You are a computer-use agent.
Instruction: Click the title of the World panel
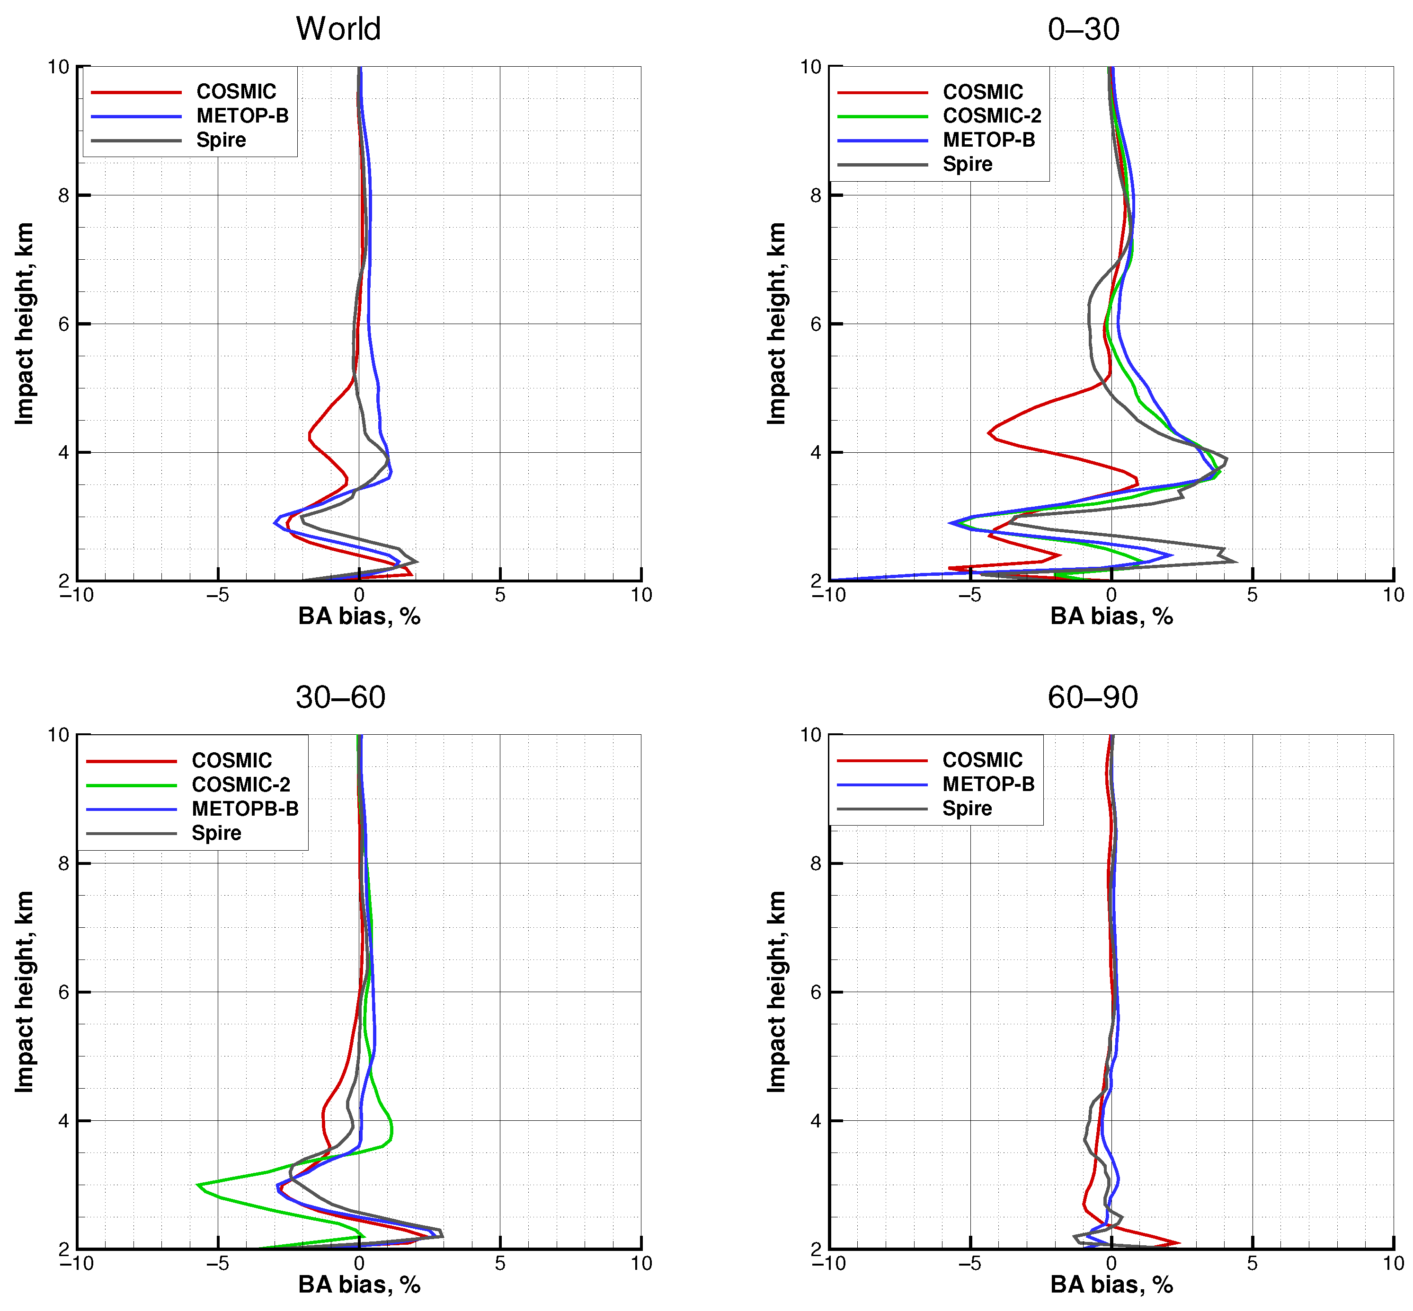338,29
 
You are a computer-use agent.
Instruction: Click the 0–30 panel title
1083,29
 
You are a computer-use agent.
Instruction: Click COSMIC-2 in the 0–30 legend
991,115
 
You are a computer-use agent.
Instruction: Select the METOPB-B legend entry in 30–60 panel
245,809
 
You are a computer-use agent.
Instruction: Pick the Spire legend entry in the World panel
221,140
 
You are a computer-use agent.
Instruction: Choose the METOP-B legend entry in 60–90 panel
988,784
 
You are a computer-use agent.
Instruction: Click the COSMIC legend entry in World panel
236,91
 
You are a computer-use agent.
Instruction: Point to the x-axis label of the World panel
359,616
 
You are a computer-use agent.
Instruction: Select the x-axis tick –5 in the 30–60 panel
217,1264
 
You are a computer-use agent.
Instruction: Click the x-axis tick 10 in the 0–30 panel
1393,595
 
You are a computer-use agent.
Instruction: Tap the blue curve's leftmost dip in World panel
275,524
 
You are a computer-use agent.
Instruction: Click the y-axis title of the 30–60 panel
24,992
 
